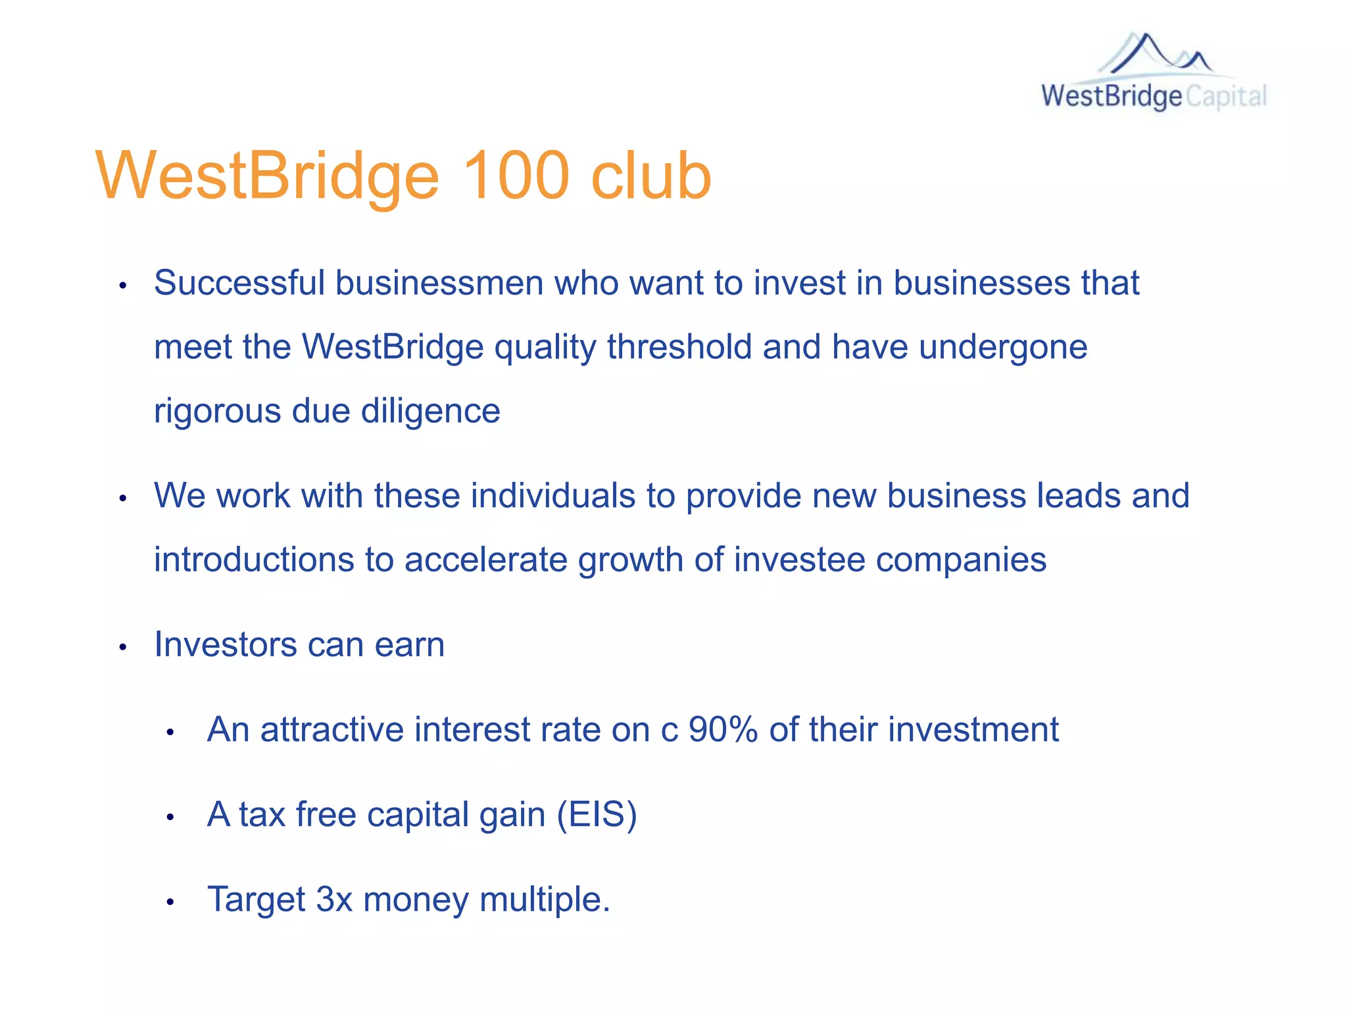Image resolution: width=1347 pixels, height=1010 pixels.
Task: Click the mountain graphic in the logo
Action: (x=1156, y=54)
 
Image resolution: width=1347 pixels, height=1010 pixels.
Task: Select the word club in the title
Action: (x=651, y=176)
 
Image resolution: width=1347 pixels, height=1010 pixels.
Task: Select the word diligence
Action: (x=430, y=411)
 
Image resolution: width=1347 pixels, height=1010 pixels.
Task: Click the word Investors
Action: (x=225, y=644)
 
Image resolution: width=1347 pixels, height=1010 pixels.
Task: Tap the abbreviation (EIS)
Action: (x=597, y=815)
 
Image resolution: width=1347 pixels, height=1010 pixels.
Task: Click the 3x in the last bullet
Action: (x=334, y=899)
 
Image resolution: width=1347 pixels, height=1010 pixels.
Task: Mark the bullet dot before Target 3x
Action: (x=170, y=902)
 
